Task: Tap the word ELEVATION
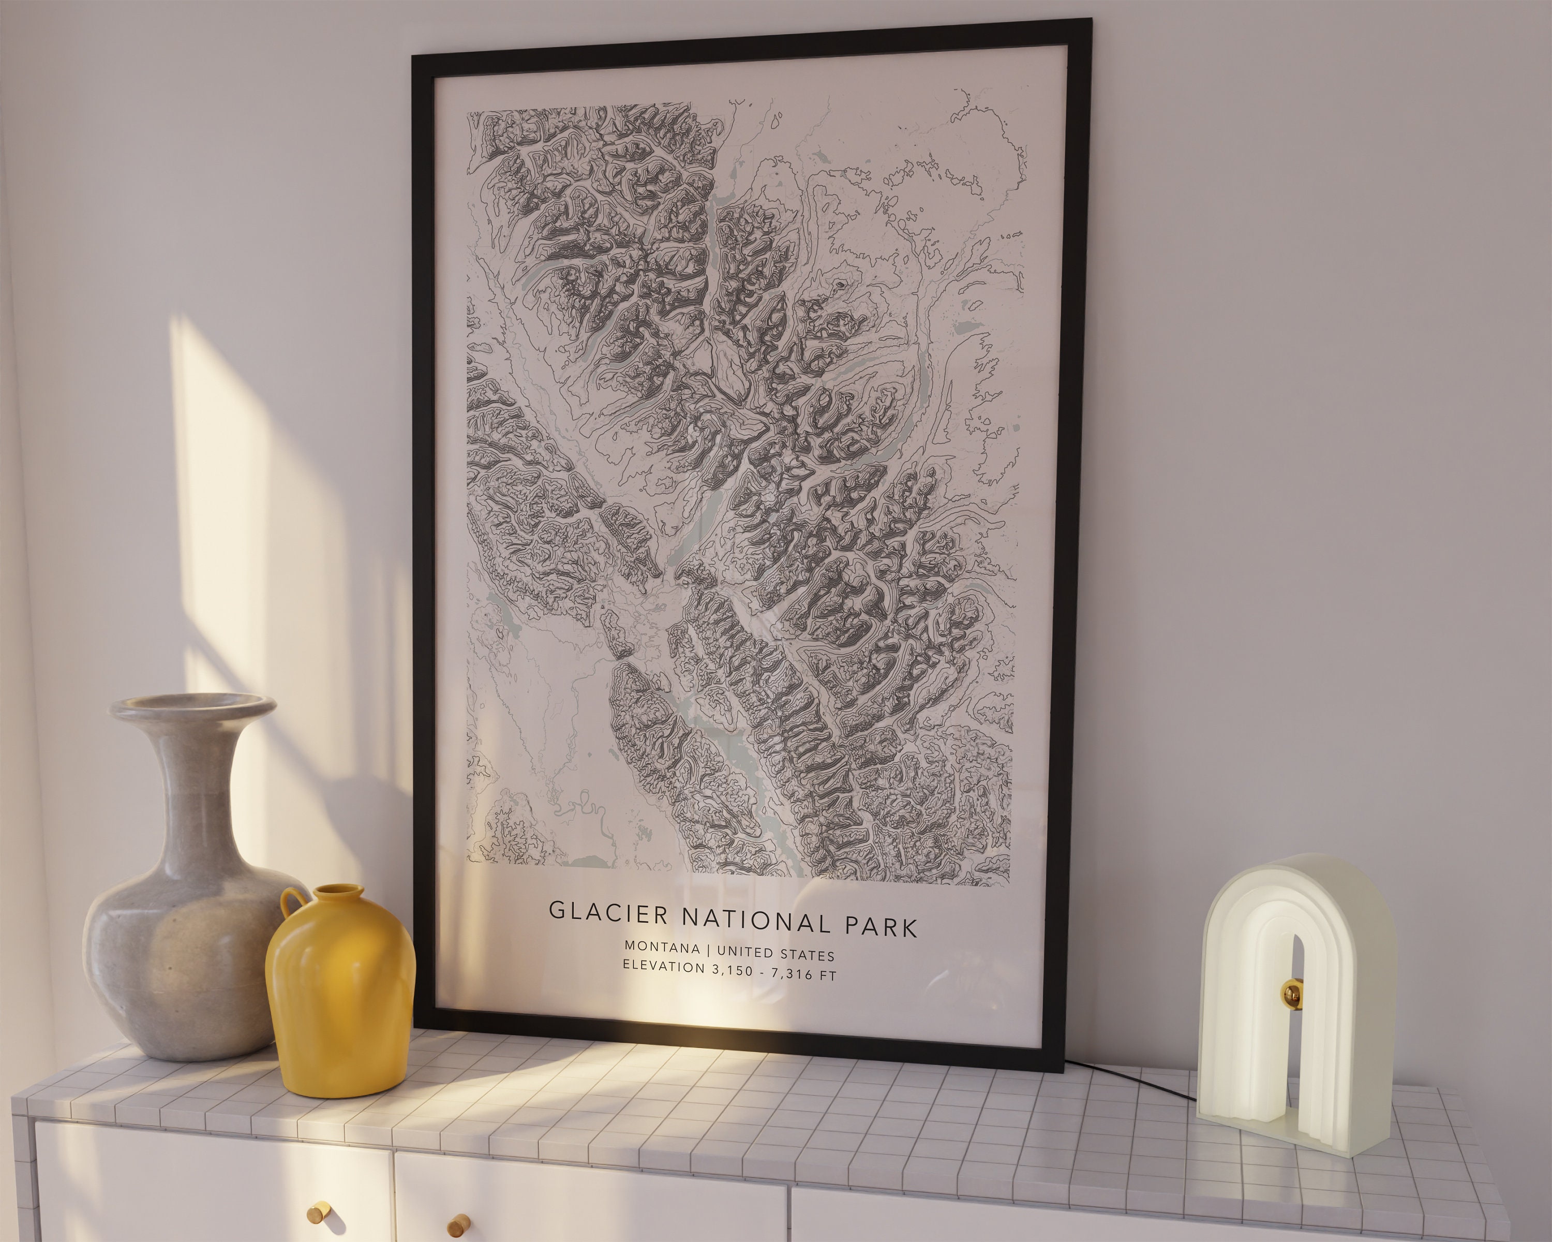click(x=664, y=966)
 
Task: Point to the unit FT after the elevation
click(x=827, y=977)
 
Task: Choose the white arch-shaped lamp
click(x=1296, y=1008)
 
